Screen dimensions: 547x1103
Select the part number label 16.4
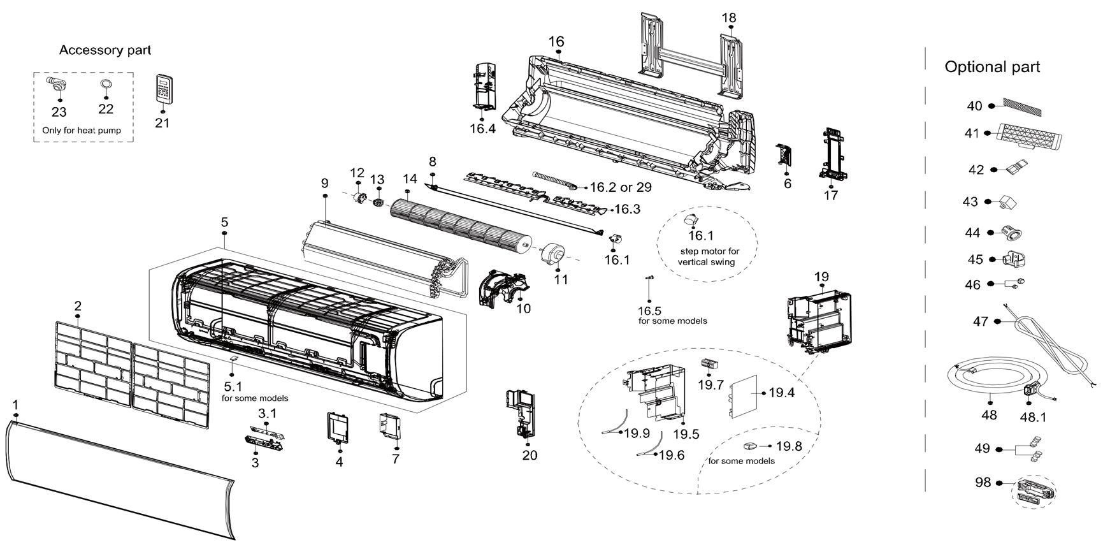point(482,129)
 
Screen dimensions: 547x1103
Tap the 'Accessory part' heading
point(105,50)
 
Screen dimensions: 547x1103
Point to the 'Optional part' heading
point(992,67)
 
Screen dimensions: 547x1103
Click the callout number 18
point(729,18)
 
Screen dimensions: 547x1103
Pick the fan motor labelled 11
point(551,254)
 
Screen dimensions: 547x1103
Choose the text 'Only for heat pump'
point(81,130)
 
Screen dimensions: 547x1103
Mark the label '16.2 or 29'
point(621,187)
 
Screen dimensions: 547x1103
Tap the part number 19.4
point(781,393)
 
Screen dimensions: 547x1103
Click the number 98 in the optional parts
point(983,483)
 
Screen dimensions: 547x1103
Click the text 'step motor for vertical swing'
point(708,256)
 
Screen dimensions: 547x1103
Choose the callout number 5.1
point(233,387)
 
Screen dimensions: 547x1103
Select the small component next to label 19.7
point(709,365)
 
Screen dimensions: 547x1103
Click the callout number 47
point(981,322)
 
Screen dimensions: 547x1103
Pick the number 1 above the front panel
point(15,405)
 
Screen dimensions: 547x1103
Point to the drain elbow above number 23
point(55,84)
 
